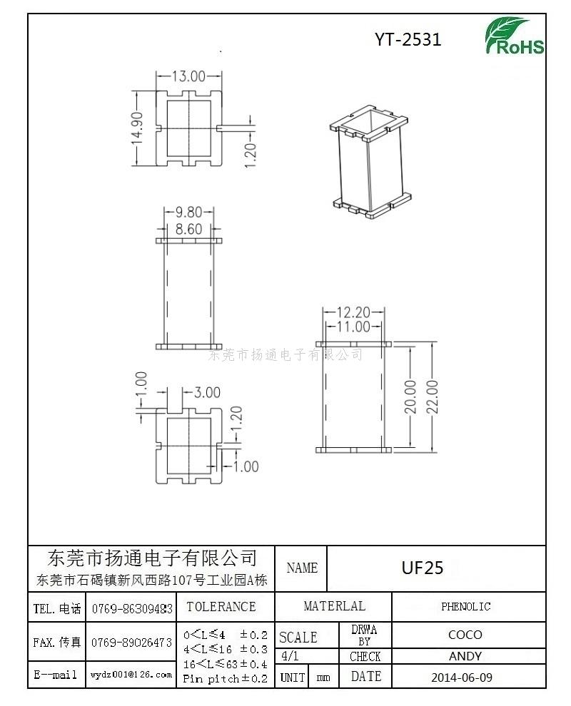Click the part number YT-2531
click(x=408, y=40)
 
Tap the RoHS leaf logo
click(x=514, y=36)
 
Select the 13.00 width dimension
click(x=189, y=76)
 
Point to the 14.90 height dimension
click(x=138, y=128)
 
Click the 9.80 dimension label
click(x=189, y=212)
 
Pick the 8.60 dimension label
click(x=189, y=229)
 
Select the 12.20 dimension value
click(x=353, y=312)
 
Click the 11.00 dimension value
click(x=353, y=327)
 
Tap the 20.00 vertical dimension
click(x=410, y=397)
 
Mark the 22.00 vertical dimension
click(x=433, y=397)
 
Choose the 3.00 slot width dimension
click(x=207, y=392)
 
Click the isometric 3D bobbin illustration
click(x=370, y=163)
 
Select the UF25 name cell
click(x=423, y=568)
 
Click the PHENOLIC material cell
click(x=465, y=606)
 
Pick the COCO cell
click(x=465, y=635)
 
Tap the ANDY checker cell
click(x=465, y=656)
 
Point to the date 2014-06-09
click(x=462, y=677)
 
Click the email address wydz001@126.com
click(x=131, y=675)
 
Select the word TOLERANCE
click(x=221, y=606)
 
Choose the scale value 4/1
click(x=289, y=655)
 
